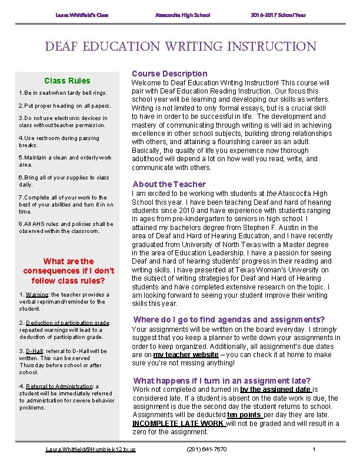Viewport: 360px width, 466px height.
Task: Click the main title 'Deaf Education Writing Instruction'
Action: [x=180, y=46]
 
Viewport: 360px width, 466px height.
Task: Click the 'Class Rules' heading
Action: [x=68, y=81]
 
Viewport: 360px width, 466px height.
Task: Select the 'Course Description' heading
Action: [x=169, y=74]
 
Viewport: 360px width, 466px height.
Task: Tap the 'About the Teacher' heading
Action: [x=169, y=184]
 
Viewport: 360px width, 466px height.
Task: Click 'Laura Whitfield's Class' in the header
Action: [x=82, y=14]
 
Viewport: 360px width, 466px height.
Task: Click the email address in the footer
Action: [x=91, y=450]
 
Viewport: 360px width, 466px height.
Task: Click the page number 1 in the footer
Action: [x=314, y=450]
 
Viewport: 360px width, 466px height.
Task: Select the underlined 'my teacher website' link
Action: [x=186, y=355]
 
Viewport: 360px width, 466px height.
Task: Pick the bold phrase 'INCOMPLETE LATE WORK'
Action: [x=178, y=423]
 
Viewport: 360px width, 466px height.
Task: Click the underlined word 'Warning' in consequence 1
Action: [x=37, y=295]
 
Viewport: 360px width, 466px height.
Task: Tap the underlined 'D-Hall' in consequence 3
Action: [x=35, y=351]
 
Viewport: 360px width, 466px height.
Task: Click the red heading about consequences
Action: [x=68, y=271]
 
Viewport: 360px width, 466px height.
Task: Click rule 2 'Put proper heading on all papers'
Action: [x=65, y=106]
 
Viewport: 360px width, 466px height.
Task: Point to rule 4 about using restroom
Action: [x=59, y=141]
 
